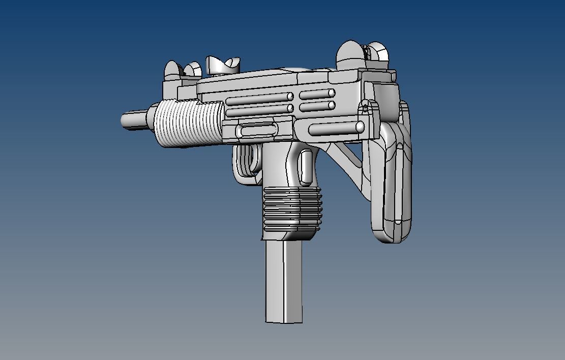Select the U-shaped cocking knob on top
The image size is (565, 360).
222,65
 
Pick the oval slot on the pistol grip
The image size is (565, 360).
306,166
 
